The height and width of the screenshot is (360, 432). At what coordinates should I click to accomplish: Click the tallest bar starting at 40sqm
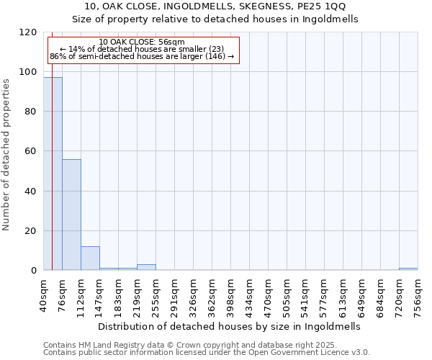tap(53, 174)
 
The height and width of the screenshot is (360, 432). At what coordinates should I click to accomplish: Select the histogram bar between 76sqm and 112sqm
tap(71, 215)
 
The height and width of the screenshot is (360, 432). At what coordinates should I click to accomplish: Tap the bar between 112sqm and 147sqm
tap(90, 258)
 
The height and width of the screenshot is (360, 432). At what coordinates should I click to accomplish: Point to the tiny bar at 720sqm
tap(408, 269)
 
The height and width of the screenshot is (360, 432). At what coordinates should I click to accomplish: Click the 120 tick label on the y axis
tap(28, 32)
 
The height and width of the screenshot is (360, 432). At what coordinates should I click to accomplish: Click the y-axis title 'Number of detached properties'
tap(6, 156)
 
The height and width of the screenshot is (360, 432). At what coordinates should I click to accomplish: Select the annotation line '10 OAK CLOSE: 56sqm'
tap(142, 42)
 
